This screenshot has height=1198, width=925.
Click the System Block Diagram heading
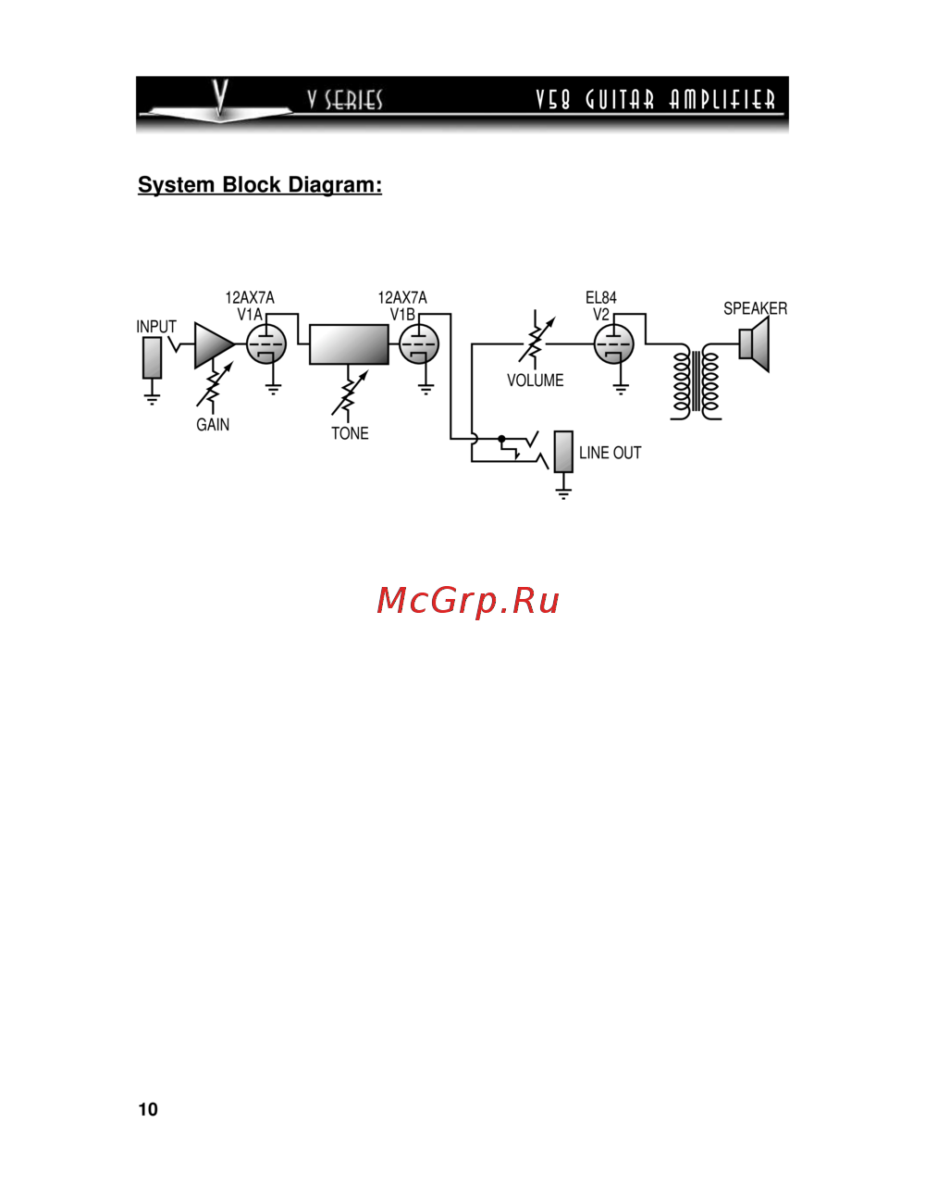260,185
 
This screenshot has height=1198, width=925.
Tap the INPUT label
155,327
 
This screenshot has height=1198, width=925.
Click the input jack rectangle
152,357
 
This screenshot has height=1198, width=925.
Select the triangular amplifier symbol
212,344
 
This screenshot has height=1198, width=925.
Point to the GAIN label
213,425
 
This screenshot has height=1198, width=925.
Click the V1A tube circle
266,344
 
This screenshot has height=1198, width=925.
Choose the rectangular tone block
349,344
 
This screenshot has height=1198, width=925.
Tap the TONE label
350,433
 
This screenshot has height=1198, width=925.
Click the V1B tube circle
419,344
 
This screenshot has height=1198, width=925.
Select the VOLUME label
535,381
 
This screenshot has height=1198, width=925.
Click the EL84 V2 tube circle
614,344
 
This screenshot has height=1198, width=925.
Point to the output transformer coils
696,381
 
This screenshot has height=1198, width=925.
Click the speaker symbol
755,344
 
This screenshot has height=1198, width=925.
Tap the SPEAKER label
755,308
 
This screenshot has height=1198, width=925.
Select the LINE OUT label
610,453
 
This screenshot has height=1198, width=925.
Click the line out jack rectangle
563,452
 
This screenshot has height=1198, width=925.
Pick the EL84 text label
600,297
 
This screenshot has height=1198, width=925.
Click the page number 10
148,1109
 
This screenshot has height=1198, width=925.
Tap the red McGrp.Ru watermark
468,601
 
